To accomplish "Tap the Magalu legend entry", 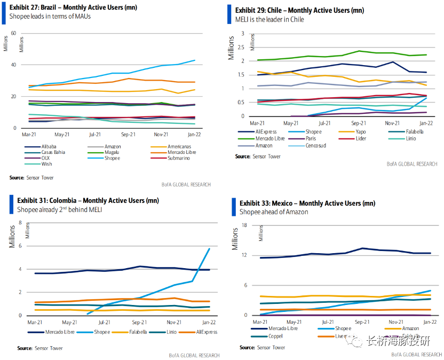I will pos(112,152).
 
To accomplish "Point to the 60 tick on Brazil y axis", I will pos(13,33).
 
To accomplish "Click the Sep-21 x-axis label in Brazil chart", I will pos(129,135).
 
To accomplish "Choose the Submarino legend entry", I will pos(179,158).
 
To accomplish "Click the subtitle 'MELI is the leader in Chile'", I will pos(269,19).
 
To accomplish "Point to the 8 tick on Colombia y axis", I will pos(20,223).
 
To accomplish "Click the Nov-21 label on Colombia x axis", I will pos(173,323).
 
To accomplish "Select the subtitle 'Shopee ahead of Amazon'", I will pos(274,212).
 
